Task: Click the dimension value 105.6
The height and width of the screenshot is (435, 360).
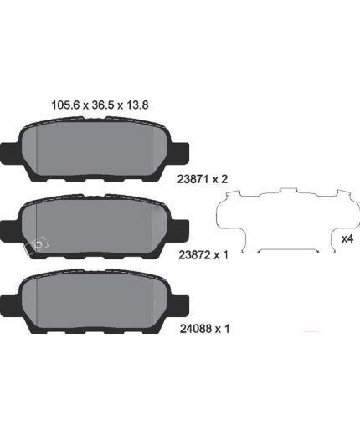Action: coord(65,105)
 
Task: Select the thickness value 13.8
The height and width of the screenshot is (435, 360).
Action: coord(137,105)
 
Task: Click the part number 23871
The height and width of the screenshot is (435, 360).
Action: coord(193,179)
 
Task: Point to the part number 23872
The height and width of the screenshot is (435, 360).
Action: coord(194,255)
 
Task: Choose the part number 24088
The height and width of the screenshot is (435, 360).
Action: coord(195,329)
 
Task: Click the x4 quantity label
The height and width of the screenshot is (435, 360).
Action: coord(347,238)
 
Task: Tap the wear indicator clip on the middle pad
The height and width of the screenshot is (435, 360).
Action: coord(37,245)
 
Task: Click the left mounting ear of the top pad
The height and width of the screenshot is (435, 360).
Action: coord(9,153)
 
